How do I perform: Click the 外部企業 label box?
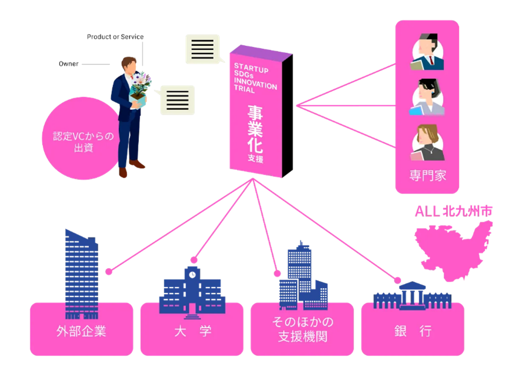(x=81, y=330)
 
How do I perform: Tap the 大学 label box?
(x=192, y=330)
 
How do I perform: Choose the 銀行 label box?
(x=412, y=330)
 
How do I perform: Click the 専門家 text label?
(x=427, y=175)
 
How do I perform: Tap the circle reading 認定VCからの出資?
(x=79, y=142)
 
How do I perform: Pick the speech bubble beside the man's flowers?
(x=177, y=99)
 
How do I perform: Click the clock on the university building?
(x=192, y=273)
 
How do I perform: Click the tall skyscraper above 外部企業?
(x=81, y=273)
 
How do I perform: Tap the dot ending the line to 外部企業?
(x=108, y=272)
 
